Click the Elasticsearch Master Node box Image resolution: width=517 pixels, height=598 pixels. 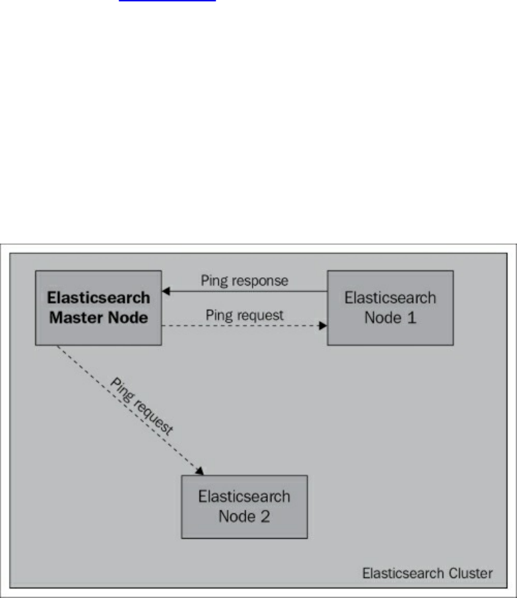point(98,308)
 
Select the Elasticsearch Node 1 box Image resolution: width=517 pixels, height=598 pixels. point(390,308)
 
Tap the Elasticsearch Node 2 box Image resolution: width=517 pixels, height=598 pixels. point(244,506)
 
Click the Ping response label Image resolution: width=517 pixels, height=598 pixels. point(244,281)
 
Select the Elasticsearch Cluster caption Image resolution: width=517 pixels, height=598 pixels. point(427,573)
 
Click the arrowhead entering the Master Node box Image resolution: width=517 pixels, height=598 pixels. point(166,292)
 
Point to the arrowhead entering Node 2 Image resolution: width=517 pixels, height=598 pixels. point(201,471)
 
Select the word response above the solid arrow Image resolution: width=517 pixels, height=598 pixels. point(264,281)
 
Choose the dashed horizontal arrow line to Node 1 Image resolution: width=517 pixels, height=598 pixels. point(241,328)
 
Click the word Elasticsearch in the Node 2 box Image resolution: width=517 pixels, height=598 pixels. point(244,496)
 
